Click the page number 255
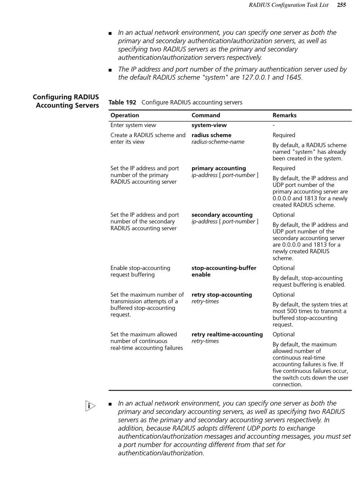pyautogui.click(x=341, y=5)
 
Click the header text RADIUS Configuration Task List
pyautogui.click(x=288, y=5)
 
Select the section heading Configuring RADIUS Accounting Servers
pyautogui.click(x=66, y=101)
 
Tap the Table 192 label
pyautogui.click(x=122, y=102)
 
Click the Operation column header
pyautogui.click(x=125, y=115)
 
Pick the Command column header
pyautogui.click(x=205, y=115)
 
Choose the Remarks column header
pyautogui.click(x=284, y=115)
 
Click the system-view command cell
pyautogui.click(x=209, y=125)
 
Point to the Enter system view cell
pyautogui.click(x=133, y=125)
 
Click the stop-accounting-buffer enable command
pyautogui.click(x=224, y=271)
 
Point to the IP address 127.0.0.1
pyautogui.click(x=256, y=78)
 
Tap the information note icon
pyautogui.click(x=90, y=406)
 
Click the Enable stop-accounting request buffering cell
pyautogui.click(x=140, y=271)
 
